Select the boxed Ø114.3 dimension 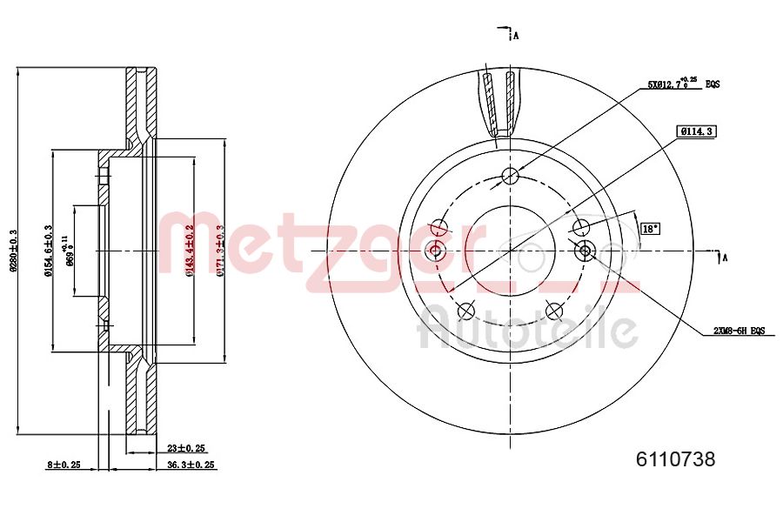click(x=696, y=131)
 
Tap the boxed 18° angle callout click(x=649, y=230)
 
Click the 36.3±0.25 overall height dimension click(x=191, y=465)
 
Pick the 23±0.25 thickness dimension click(x=185, y=449)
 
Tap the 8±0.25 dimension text click(x=63, y=465)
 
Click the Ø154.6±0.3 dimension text click(x=49, y=251)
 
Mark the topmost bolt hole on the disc click(x=510, y=177)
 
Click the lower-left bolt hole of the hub click(x=466, y=311)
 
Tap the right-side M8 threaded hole click(x=585, y=251)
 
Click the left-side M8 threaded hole click(x=436, y=251)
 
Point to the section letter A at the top click(x=516, y=36)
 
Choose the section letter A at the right click(x=724, y=257)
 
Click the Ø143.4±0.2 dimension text click(x=190, y=251)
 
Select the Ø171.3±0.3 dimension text click(x=220, y=251)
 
